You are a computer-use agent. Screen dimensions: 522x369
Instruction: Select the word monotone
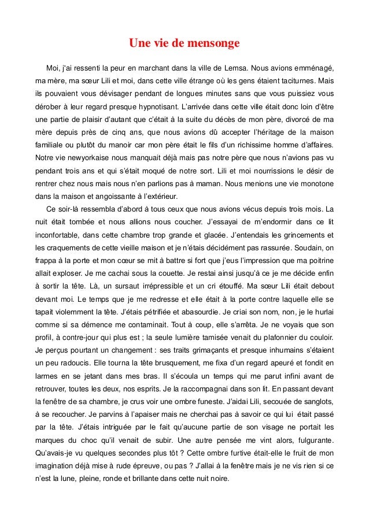click(316, 187)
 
